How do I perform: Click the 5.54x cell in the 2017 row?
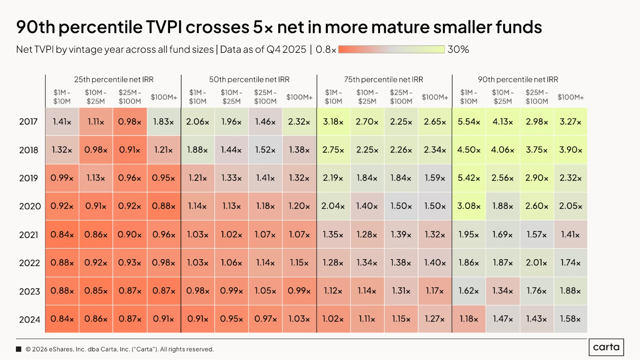tap(469, 122)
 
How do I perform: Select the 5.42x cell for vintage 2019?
tap(469, 178)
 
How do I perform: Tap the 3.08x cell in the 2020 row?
tap(469, 206)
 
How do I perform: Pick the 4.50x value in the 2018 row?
tap(469, 150)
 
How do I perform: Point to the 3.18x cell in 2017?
tap(333, 122)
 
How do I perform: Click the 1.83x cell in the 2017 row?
tap(164, 122)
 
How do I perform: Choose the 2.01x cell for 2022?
tap(537, 263)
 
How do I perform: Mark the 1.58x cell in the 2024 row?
tap(570, 319)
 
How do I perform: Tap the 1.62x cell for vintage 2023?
tap(469, 291)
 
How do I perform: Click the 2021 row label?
tap(29, 235)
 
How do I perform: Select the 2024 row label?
tap(29, 320)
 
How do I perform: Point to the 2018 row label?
tap(29, 150)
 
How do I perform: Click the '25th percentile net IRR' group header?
tap(114, 79)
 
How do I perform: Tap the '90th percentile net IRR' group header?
tap(518, 79)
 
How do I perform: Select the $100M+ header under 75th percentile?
tap(435, 97)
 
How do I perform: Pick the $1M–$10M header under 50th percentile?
tap(198, 97)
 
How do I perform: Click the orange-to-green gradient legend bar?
tap(391, 49)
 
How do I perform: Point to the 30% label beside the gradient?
tap(458, 49)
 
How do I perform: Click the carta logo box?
tap(606, 347)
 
